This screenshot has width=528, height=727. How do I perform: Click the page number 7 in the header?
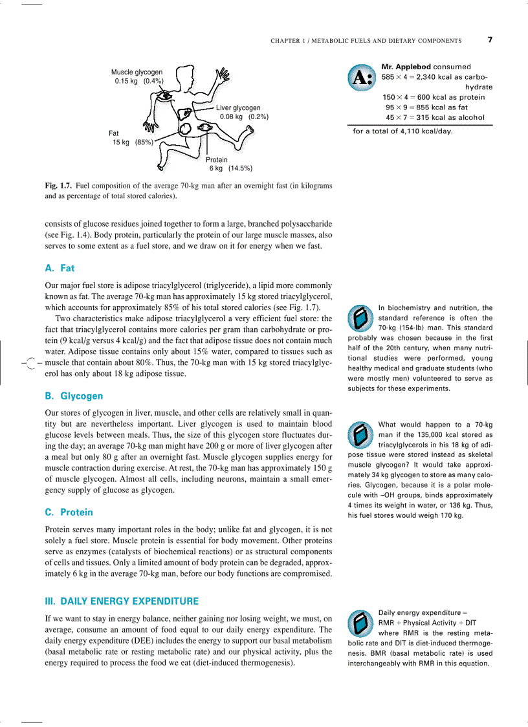[x=490, y=39]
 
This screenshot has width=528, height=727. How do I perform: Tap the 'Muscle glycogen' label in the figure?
[x=137, y=72]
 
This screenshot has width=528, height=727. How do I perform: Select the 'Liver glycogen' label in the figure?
[x=238, y=107]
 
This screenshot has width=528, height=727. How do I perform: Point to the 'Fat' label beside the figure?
[x=114, y=133]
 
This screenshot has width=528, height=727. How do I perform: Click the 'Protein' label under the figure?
[x=217, y=159]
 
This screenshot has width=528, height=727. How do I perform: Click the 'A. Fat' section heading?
[x=60, y=268]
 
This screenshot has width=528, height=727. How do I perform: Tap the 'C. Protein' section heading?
[x=69, y=512]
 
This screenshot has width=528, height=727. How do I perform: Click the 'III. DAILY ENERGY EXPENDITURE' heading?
[x=121, y=601]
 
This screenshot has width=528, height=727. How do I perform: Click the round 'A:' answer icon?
[x=361, y=78]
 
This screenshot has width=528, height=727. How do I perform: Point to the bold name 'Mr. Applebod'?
[x=406, y=67]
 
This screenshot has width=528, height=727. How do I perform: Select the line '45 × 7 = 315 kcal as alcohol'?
[x=435, y=117]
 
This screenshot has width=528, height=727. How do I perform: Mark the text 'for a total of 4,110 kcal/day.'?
[x=402, y=131]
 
